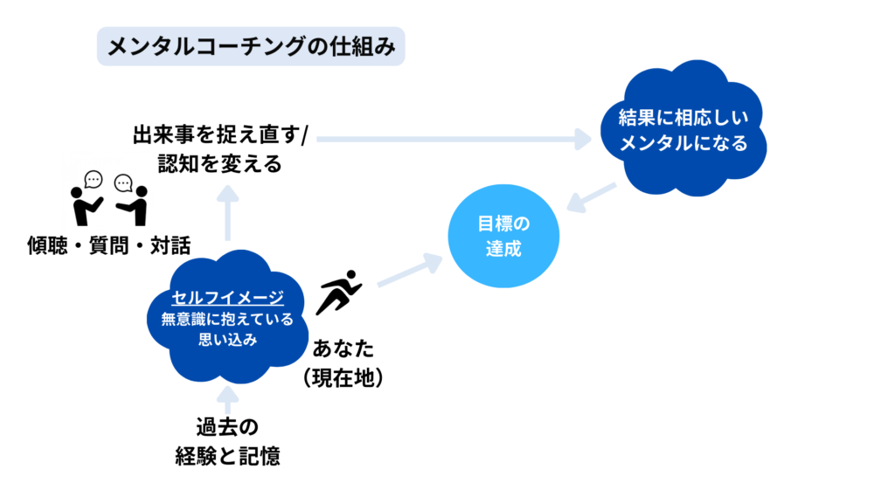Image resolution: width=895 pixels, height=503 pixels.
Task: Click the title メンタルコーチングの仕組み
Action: [250, 49]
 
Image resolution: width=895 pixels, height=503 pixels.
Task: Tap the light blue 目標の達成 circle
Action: [503, 237]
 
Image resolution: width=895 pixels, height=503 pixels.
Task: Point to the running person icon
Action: [339, 292]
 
